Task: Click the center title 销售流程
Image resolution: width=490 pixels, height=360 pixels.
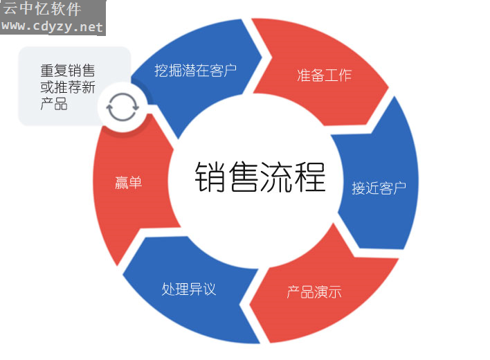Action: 260,177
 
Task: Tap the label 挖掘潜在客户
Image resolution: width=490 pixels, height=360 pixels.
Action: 196,71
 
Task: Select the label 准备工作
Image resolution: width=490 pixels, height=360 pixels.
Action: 324,75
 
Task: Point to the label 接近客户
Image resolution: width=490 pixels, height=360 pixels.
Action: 379,188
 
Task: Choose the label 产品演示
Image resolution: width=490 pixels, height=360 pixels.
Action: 314,292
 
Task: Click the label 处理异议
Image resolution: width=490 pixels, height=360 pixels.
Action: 189,289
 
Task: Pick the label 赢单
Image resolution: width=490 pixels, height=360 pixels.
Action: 128,183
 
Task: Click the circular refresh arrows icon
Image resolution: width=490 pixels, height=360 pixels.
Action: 122,107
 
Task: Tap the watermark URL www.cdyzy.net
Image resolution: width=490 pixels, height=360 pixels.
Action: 52,26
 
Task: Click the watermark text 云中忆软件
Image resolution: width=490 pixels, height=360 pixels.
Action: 42,9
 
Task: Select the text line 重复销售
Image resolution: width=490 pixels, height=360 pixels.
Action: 68,71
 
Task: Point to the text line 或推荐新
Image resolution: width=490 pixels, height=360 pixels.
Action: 68,87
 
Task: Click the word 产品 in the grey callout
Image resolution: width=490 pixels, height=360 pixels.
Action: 54,103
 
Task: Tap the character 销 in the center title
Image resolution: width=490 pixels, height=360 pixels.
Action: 210,177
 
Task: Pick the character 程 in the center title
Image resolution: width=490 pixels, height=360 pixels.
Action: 310,177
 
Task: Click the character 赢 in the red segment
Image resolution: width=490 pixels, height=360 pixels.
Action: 122,183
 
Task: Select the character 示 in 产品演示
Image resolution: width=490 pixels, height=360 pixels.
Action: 335,292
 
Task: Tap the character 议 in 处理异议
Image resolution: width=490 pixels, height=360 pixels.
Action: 210,289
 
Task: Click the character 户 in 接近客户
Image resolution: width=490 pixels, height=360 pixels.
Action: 399,188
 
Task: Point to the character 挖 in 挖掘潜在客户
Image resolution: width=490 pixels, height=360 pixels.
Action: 161,71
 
